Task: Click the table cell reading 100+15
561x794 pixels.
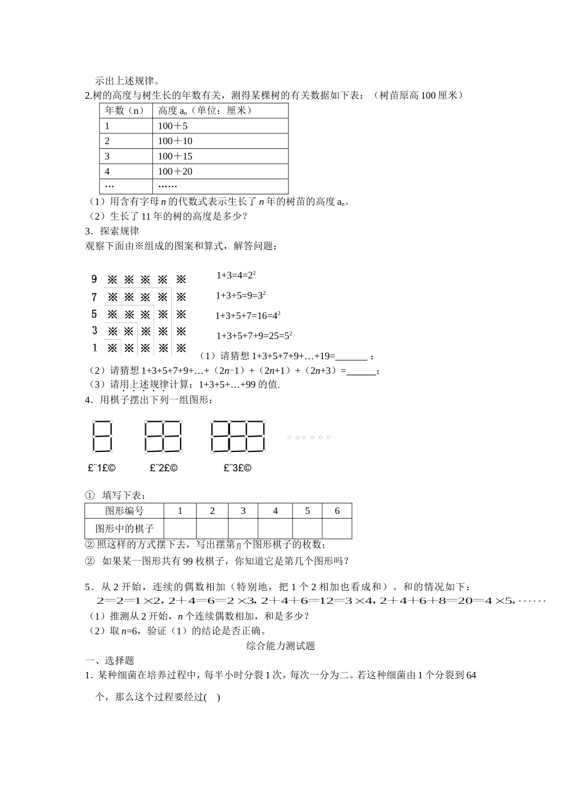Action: tap(175, 156)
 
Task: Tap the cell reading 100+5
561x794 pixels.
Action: tap(172, 126)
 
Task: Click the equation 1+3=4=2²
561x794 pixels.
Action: tap(236, 275)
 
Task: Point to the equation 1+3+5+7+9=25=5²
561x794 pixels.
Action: tap(254, 336)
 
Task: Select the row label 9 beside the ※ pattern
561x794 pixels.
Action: tap(94, 279)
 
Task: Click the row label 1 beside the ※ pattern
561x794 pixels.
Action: tap(94, 348)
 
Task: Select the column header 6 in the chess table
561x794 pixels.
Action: tap(337, 511)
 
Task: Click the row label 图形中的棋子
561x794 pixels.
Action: tap(125, 528)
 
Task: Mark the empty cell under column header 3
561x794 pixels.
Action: tap(243, 528)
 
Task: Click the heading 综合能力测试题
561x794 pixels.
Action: tap(280, 646)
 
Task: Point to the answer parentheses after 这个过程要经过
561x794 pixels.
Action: tap(212, 697)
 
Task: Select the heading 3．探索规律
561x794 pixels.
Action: tap(112, 231)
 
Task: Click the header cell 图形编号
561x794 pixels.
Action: tap(125, 511)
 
